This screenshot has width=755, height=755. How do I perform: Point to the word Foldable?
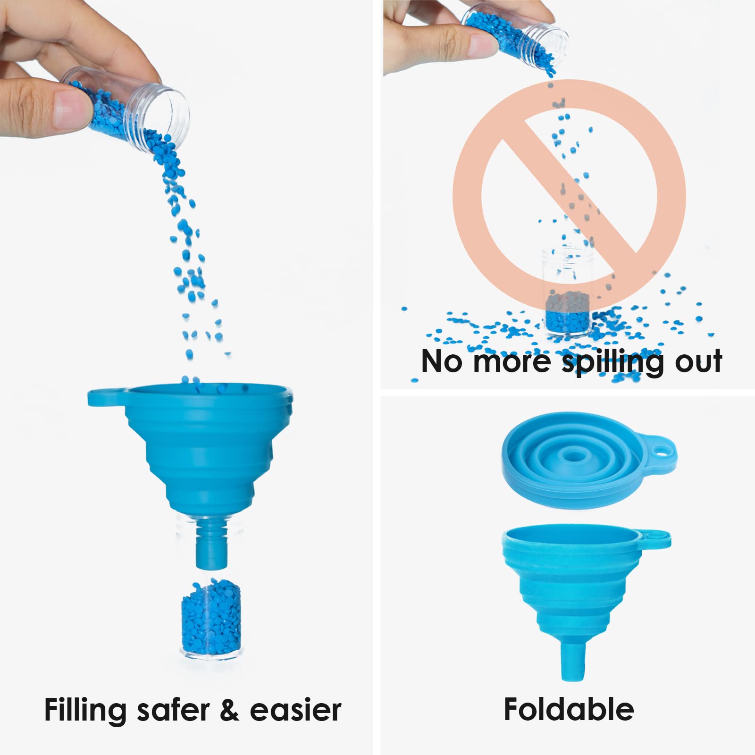(569, 708)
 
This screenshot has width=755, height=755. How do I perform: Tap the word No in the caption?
(441, 361)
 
